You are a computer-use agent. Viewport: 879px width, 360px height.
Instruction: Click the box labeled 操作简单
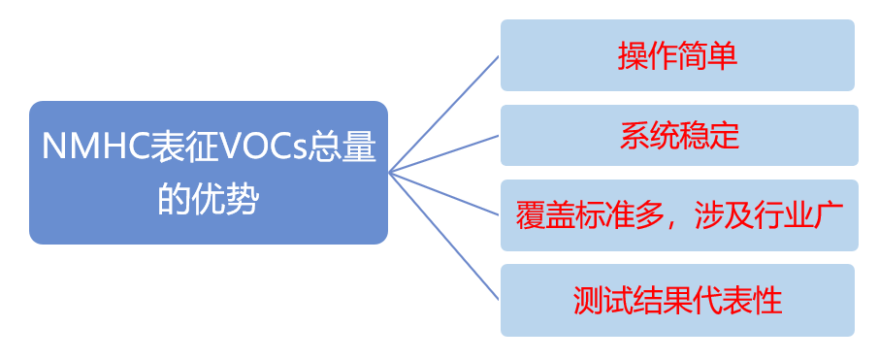(677, 54)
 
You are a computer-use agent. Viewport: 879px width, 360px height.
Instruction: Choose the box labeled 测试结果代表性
(677, 300)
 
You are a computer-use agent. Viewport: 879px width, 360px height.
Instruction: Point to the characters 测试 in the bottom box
(602, 301)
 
